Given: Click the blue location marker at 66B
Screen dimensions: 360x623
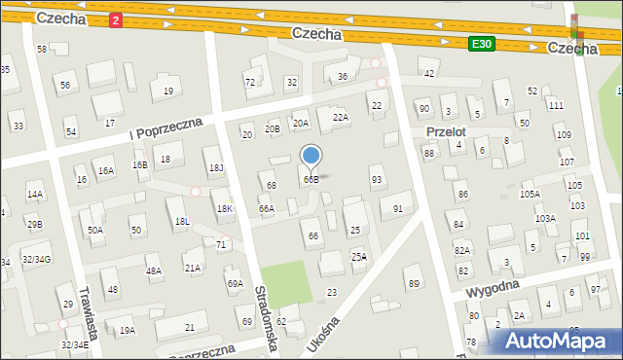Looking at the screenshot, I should pyautogui.click(x=311, y=156).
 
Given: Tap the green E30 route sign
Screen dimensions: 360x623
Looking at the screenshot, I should pyautogui.click(x=482, y=44).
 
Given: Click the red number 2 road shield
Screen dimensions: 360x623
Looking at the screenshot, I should pyautogui.click(x=116, y=19).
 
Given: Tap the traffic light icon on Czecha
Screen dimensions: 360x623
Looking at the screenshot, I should pyautogui.click(x=575, y=33).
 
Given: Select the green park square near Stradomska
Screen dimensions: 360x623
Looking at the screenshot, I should pyautogui.click(x=287, y=282).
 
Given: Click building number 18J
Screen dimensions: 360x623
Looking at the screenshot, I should pyautogui.click(x=216, y=168).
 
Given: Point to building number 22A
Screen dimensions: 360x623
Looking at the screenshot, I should pyautogui.click(x=340, y=117).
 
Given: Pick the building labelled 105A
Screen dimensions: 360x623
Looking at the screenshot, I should pyautogui.click(x=530, y=194).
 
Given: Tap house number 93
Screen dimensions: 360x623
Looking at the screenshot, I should pyautogui.click(x=377, y=179).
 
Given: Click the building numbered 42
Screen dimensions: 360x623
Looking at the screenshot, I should pyautogui.click(x=428, y=73).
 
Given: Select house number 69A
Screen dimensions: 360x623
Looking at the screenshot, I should pyautogui.click(x=235, y=283).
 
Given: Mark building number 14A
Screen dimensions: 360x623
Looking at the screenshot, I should pyautogui.click(x=34, y=195).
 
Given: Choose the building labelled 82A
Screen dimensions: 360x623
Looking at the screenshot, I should pyautogui.click(x=461, y=250).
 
